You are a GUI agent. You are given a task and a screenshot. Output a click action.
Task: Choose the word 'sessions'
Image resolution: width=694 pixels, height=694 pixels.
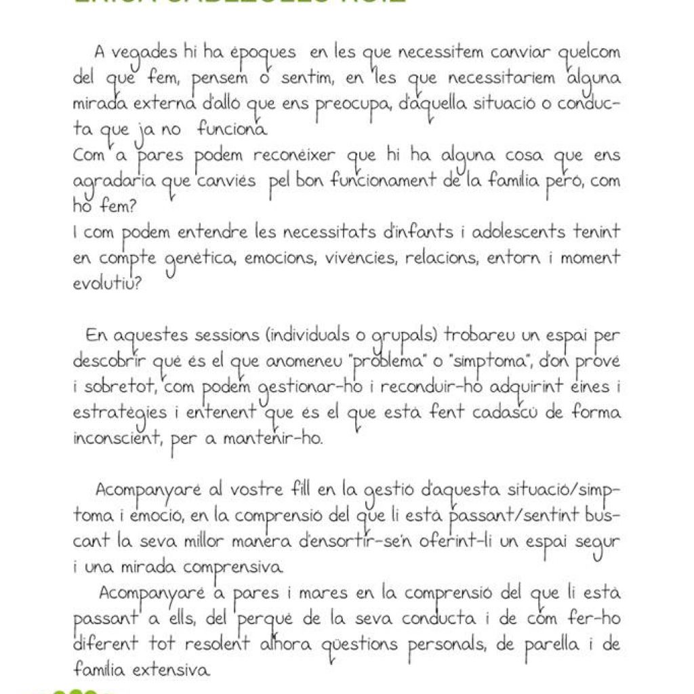pyautogui.click(x=221, y=336)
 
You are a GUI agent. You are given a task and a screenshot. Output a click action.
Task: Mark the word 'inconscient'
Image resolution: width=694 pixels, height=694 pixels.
pyautogui.click(x=113, y=438)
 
